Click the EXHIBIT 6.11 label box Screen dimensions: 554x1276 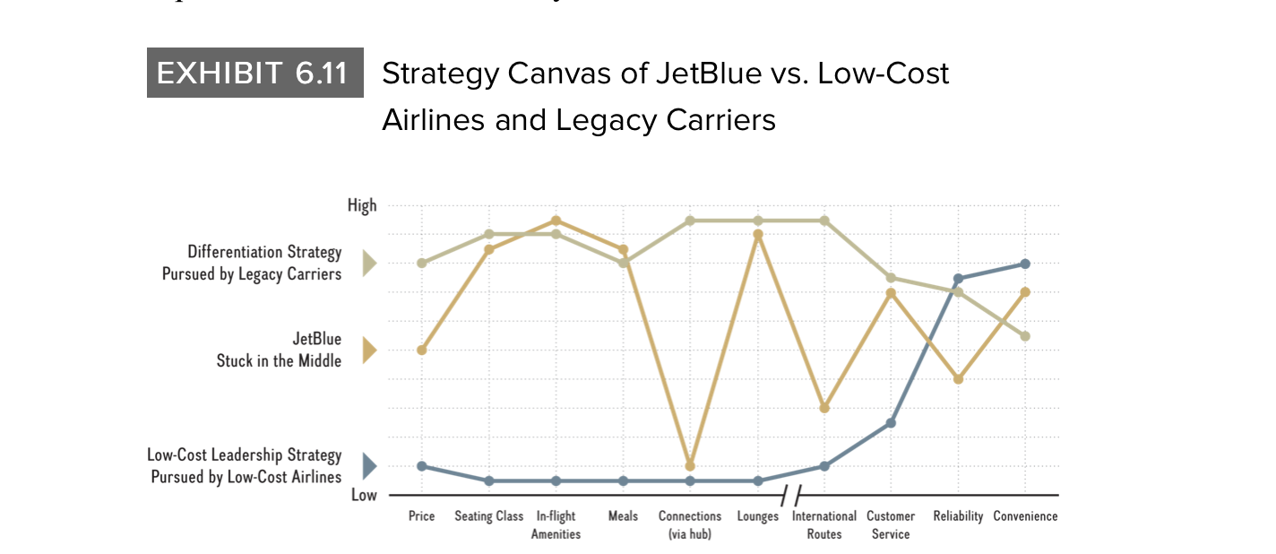click(254, 73)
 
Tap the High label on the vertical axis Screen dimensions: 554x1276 click(362, 206)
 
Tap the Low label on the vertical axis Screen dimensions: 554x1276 click(363, 495)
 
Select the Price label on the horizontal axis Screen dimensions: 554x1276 click(421, 516)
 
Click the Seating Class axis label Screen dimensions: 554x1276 click(488, 516)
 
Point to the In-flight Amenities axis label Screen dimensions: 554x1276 click(556, 525)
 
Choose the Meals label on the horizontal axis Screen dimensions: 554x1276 click(623, 516)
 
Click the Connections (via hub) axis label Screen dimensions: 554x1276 click(690, 525)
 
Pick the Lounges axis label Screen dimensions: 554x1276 click(757, 516)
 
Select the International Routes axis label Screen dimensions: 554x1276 click(824, 525)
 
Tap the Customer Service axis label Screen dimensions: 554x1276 click(891, 525)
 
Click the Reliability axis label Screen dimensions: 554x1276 click(958, 516)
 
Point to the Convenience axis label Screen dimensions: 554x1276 click(1025, 516)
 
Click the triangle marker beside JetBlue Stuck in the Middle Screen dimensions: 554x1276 click(368, 351)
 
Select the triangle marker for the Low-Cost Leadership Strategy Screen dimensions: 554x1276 click(368, 466)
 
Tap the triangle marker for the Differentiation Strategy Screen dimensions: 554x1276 click(368, 264)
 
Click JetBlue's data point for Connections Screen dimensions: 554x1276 click(690, 466)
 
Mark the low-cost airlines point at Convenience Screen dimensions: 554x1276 click(1025, 264)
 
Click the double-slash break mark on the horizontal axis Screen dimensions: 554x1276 click(790, 494)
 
